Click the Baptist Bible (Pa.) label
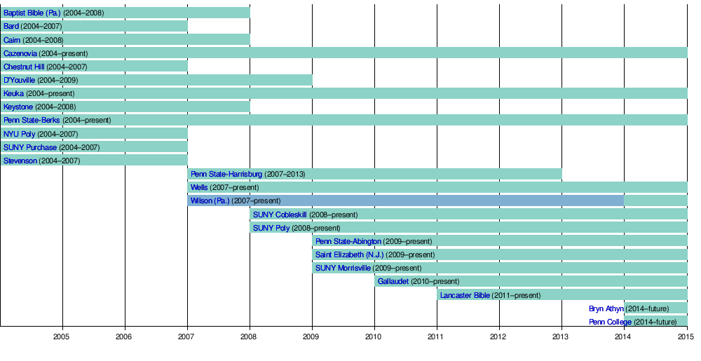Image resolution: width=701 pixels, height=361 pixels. (x=32, y=13)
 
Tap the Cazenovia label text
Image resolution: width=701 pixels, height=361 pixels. (x=20, y=53)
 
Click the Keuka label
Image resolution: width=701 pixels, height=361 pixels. (x=13, y=93)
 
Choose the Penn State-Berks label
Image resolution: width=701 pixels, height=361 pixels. (x=32, y=121)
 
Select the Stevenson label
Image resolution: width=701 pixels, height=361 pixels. (x=20, y=161)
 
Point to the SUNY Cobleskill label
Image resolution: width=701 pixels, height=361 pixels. (x=280, y=214)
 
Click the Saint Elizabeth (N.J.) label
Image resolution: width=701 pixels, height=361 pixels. (x=349, y=254)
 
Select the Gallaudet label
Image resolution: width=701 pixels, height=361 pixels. (x=393, y=282)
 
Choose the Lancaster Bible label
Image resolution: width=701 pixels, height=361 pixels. (x=465, y=295)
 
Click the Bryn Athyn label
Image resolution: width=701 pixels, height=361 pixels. (x=606, y=308)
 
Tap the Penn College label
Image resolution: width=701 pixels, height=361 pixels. (x=610, y=322)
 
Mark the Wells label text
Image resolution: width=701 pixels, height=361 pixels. (x=199, y=188)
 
